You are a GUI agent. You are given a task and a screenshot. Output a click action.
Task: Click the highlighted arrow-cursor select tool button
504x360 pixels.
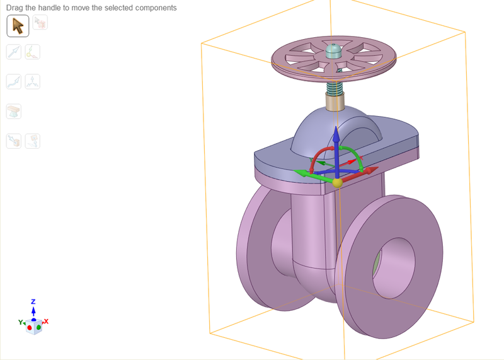(18, 25)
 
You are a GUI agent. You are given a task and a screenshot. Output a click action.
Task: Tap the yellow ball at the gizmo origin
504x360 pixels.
(337, 183)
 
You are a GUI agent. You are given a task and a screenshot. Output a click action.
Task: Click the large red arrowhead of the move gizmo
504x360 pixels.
(371, 170)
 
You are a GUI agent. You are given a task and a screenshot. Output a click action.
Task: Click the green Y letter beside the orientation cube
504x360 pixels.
(21, 322)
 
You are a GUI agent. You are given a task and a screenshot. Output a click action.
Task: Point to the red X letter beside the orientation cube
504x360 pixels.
(46, 322)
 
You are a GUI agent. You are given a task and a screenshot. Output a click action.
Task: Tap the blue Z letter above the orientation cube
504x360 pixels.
(33, 302)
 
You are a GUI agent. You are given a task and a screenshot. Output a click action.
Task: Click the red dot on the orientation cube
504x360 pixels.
(30, 328)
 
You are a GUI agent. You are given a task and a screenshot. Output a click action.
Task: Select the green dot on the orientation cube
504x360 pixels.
(38, 327)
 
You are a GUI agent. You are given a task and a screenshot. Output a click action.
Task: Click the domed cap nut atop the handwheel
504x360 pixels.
(335, 49)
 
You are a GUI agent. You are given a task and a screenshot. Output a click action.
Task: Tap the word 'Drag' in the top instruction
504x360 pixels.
(15, 8)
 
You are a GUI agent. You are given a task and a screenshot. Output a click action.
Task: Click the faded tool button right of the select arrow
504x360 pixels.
(40, 23)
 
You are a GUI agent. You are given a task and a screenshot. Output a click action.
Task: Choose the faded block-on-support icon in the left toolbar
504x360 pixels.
(14, 111)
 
